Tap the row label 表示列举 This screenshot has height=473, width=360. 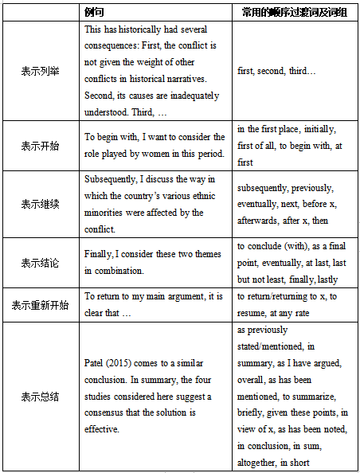(x=39, y=71)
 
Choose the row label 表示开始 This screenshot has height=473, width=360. (x=39, y=145)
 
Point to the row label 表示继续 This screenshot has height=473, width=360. (x=39, y=204)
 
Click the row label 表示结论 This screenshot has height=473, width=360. (x=39, y=262)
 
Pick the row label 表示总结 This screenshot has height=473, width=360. (x=39, y=396)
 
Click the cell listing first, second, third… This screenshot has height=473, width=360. (x=276, y=71)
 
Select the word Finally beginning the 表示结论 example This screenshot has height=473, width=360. (x=100, y=254)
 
